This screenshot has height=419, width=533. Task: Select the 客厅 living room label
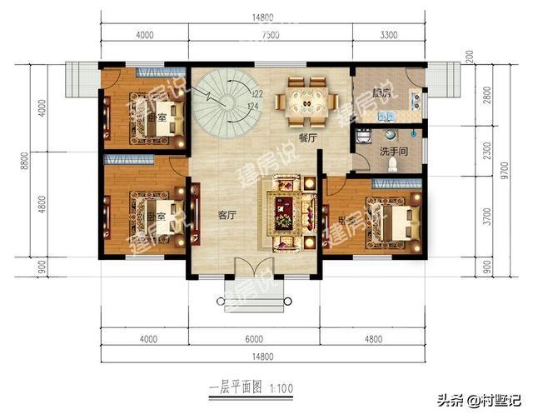coord(227,215)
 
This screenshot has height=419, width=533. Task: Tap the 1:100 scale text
coord(281,389)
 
